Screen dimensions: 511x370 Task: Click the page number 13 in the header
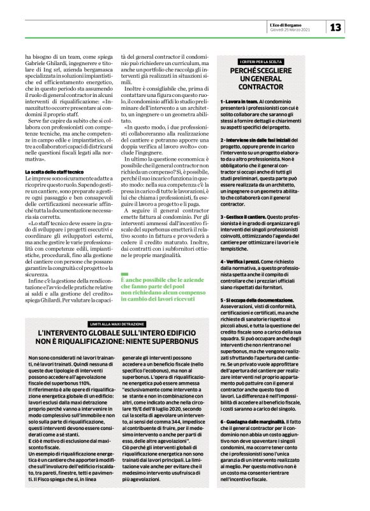(336, 27)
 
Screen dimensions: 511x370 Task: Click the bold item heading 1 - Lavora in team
(241, 101)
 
